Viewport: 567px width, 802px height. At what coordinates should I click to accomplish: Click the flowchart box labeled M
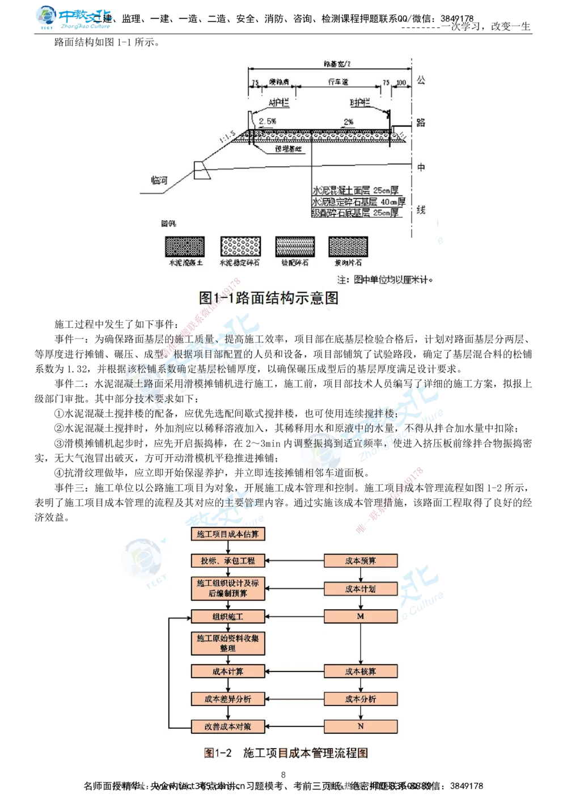[361, 616]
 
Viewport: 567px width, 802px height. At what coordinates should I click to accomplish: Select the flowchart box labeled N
[361, 726]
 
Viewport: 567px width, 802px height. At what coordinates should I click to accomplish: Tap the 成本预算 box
[361, 561]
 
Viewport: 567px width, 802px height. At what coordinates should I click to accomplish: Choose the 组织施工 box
[227, 617]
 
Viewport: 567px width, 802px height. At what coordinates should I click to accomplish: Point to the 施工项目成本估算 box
[227, 534]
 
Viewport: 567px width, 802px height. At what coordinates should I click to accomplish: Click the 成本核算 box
[361, 672]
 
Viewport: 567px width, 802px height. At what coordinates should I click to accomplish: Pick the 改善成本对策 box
[227, 726]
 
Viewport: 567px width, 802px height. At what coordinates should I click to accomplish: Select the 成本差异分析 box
[227, 699]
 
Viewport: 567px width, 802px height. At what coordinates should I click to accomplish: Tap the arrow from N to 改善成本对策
[294, 727]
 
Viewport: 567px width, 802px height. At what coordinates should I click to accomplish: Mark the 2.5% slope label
[268, 121]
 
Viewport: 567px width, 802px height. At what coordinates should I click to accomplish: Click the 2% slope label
[348, 122]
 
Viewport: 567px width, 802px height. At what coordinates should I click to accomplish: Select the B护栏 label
[359, 103]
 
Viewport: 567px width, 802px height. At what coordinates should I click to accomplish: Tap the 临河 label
[159, 180]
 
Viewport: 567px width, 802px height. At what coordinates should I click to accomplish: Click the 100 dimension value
[401, 83]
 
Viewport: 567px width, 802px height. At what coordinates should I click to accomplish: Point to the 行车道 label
[338, 83]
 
